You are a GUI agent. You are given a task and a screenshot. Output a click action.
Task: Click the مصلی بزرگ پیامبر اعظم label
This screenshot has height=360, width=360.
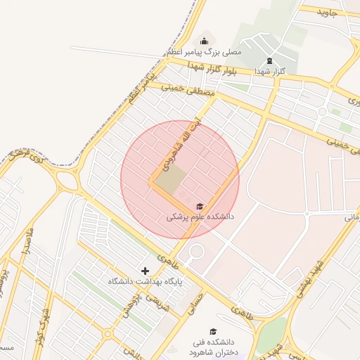[204, 52]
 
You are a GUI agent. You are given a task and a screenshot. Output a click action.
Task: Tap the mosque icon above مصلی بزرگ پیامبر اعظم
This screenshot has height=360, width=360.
[205, 40]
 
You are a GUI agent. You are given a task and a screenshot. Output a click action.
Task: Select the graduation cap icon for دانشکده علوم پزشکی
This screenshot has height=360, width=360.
[200, 205]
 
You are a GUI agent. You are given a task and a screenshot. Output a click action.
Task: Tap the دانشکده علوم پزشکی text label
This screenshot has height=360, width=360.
[200, 217]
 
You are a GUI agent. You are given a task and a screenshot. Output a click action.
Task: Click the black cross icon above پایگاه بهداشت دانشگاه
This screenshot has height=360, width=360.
[146, 270]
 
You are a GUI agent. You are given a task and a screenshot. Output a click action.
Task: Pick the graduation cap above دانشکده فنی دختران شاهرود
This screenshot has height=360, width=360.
[213, 331]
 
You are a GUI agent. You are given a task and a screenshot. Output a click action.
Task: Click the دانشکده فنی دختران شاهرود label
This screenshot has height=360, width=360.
[213, 347]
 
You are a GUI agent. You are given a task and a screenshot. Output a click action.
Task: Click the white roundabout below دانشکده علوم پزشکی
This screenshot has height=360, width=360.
[195, 250]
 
